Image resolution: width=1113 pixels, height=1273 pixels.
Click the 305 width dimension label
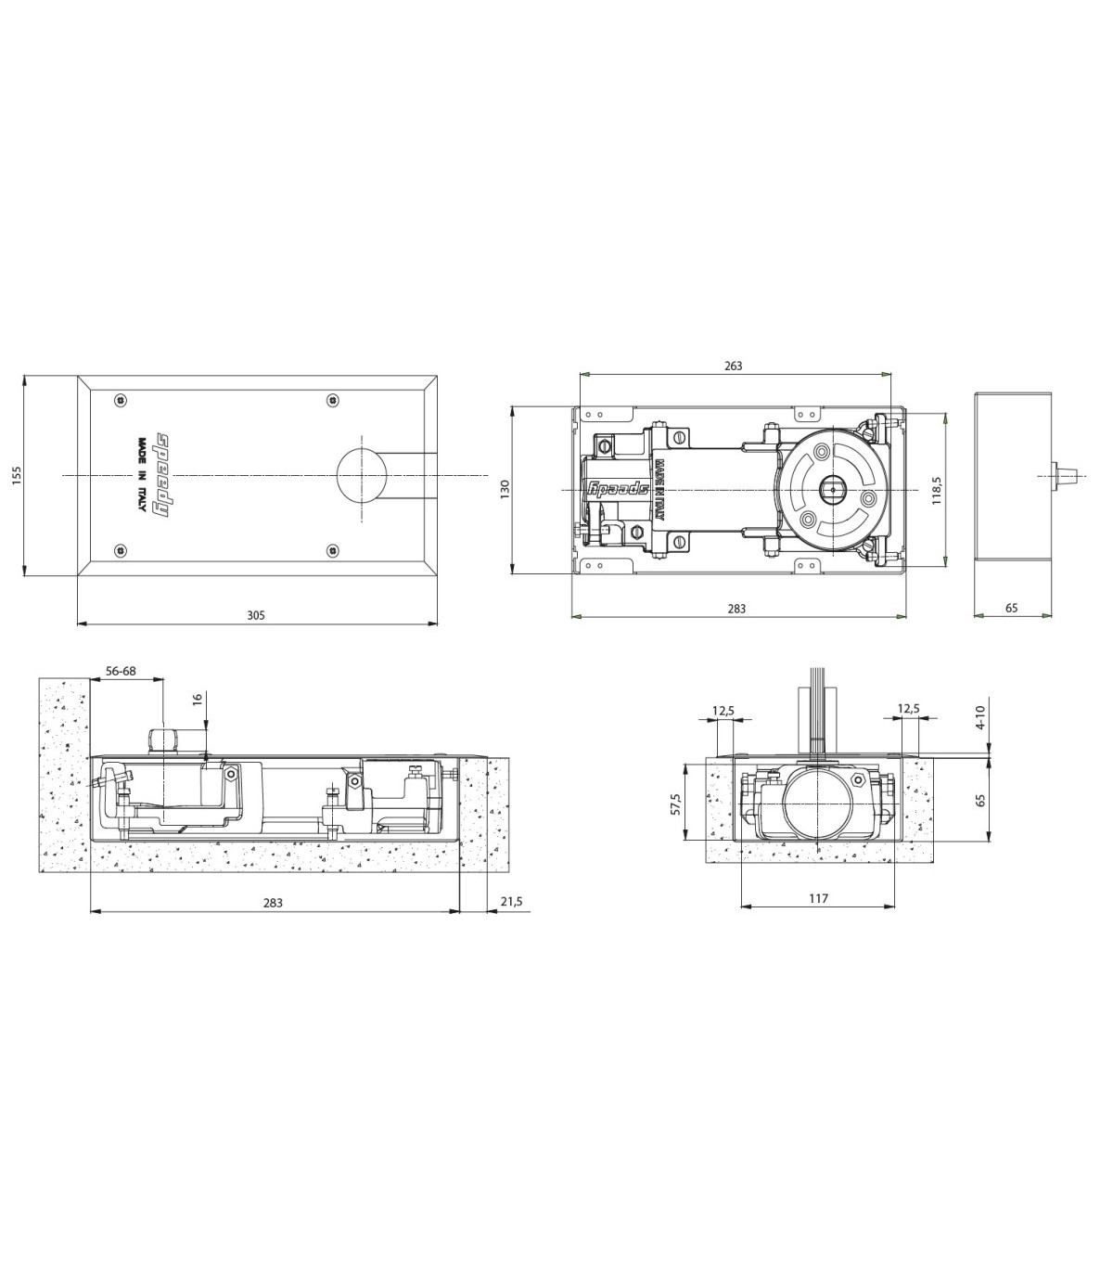click(256, 615)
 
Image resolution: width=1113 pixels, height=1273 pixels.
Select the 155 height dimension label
click(17, 475)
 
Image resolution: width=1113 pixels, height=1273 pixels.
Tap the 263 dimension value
click(734, 366)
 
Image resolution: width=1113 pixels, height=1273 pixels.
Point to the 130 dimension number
click(505, 489)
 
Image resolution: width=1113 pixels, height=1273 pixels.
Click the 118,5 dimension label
click(937, 491)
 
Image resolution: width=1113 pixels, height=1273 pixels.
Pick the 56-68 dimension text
click(121, 671)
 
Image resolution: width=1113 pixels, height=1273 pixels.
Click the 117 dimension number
click(819, 898)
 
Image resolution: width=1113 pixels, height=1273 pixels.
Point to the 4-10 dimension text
click(980, 717)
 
